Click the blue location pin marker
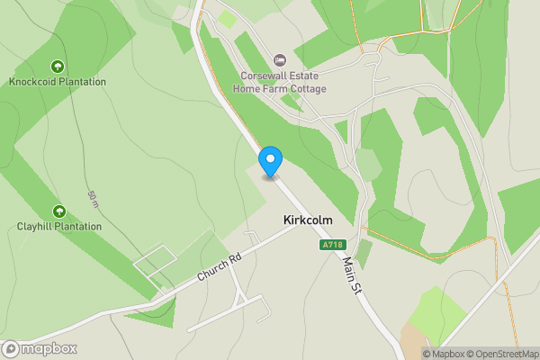click(270, 161)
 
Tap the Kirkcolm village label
click(309, 219)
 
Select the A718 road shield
click(332, 245)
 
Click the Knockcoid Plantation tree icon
click(58, 66)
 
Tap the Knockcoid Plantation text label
click(58, 82)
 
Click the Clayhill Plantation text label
click(59, 227)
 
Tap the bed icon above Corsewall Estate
click(279, 60)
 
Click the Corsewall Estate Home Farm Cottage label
click(279, 83)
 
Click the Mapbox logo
click(40, 349)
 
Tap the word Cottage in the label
click(307, 89)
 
